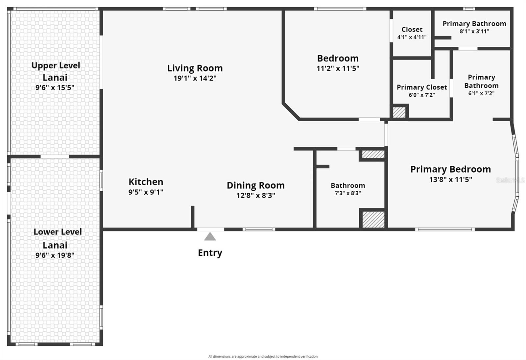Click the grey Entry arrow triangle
pos(210,237)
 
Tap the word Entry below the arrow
pos(210,253)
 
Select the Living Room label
pos(195,68)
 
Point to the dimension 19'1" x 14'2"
pos(195,78)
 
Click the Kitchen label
pos(146,182)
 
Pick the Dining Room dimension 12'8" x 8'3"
pos(256,195)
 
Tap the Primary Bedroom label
pos(451,169)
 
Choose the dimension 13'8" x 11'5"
pos(451,180)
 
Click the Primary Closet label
pos(422,87)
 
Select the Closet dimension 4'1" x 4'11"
pos(412,37)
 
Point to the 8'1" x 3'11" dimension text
pos(474,31)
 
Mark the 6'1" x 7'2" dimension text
pos(481,93)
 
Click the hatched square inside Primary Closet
pos(399,112)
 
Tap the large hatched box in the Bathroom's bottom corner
pos(373,219)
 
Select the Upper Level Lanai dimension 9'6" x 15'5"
pos(55,87)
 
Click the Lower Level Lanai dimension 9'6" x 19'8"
pos(55,255)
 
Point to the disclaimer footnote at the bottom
pos(263,356)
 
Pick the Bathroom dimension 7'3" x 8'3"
pos(348,193)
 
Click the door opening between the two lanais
pos(55,156)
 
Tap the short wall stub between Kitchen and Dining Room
pos(193,217)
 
